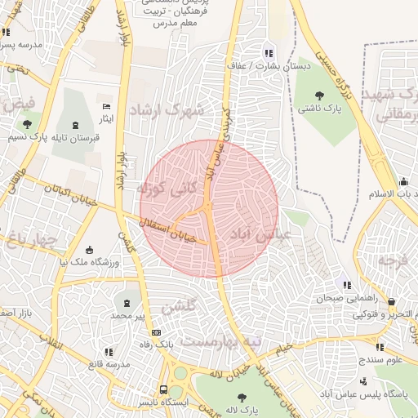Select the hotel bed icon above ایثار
(x=105, y=106)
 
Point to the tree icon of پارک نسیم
(x=27, y=124)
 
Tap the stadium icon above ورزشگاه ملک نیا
(x=89, y=249)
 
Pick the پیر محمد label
(x=127, y=314)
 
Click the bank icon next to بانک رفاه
(x=156, y=332)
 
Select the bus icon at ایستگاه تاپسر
(x=164, y=389)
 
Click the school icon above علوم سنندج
(x=379, y=347)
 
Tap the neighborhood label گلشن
(x=179, y=308)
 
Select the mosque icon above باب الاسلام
(x=402, y=182)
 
